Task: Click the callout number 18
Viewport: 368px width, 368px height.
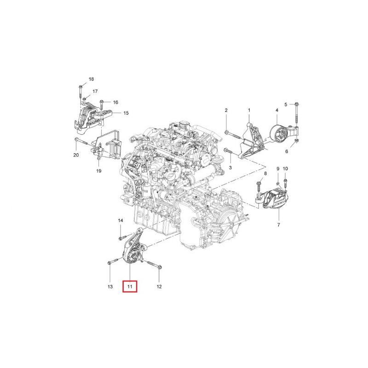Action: point(91,79)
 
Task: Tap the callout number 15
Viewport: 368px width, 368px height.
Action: point(126,113)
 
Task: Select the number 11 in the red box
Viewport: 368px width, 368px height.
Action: point(130,287)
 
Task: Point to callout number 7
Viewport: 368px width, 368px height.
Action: point(279,225)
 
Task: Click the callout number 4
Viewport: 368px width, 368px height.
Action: point(277,110)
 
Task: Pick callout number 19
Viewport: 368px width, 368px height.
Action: point(99,171)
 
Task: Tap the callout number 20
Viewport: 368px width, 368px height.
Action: point(76,155)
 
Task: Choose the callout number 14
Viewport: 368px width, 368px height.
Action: point(121,220)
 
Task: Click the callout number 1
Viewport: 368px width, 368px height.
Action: point(249,110)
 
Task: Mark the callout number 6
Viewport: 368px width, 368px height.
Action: point(287,151)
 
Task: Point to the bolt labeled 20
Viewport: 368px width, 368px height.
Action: point(81,141)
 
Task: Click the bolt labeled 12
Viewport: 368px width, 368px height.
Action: point(154,264)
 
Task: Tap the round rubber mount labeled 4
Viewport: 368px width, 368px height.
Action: point(279,135)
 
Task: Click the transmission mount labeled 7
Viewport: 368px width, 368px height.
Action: point(276,200)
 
